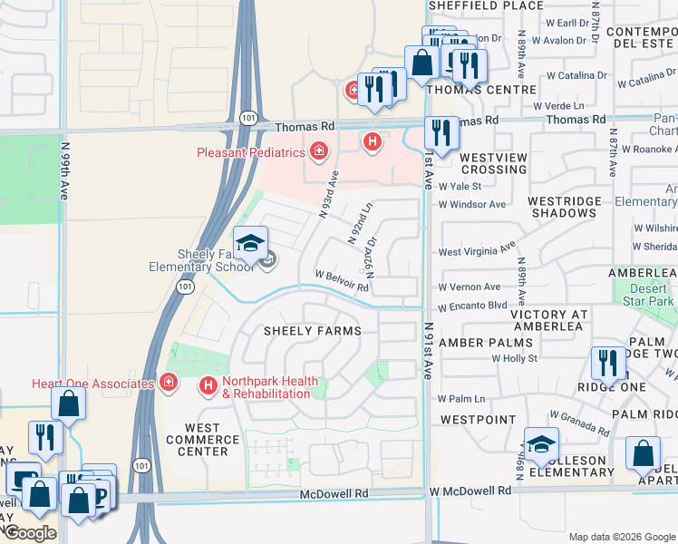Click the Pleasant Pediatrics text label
(x=251, y=152)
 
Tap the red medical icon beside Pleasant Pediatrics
(x=318, y=151)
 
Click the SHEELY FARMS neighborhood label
(x=313, y=332)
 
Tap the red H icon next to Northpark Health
(x=208, y=387)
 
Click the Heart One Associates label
(x=92, y=384)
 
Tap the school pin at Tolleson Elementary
(x=541, y=444)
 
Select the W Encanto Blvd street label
(x=473, y=306)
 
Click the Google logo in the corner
(x=29, y=533)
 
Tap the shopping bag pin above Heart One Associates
(x=68, y=403)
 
